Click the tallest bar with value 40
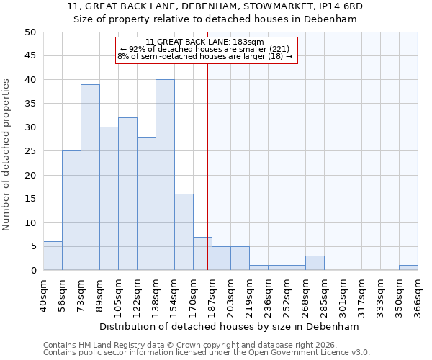point(165,175)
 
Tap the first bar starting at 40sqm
point(53,256)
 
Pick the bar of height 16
point(184,232)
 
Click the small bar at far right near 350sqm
point(408,268)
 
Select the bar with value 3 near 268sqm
point(315,263)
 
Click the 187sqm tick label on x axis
point(212,296)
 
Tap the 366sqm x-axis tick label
point(418,296)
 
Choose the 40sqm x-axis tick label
point(43,296)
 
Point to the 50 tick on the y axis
point(30,32)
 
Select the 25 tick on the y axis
point(30,151)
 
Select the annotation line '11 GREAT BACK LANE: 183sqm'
point(205,42)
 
